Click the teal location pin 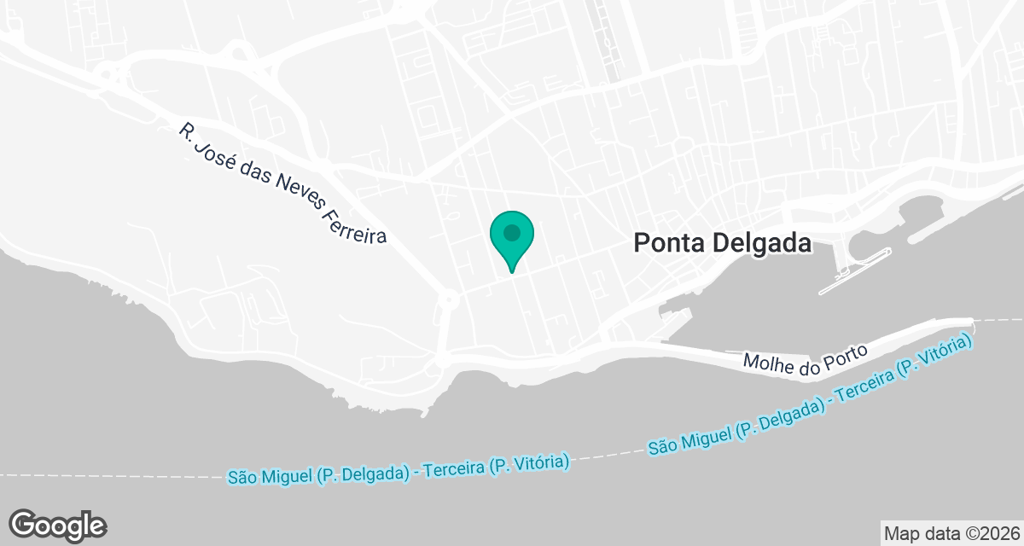pos(511,240)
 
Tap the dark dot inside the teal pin pos(511,232)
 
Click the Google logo pos(58,525)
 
